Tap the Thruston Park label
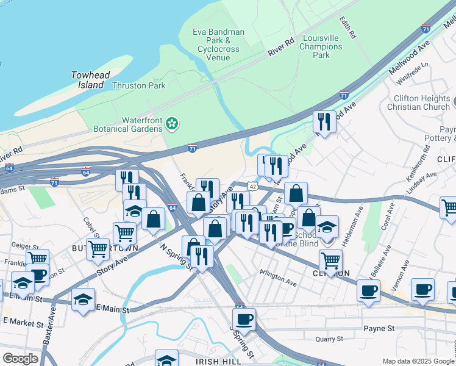tap(138, 86)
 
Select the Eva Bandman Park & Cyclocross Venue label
tap(218, 45)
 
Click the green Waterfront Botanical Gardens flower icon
tap(172, 124)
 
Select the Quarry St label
tap(330, 339)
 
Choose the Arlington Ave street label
tap(279, 279)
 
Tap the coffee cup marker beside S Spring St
tap(244, 318)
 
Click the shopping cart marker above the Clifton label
tap(330, 259)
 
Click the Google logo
tap(21, 359)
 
